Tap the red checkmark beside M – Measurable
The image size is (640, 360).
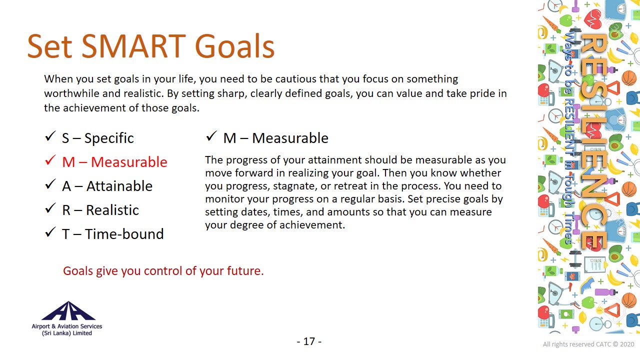(50, 160)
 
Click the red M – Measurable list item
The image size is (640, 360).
(114, 162)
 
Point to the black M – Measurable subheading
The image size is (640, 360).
(275, 138)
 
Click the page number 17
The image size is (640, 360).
(309, 341)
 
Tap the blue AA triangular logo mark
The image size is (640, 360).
(68, 311)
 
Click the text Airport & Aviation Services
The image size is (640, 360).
(67, 326)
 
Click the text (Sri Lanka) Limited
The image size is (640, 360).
(67, 333)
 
